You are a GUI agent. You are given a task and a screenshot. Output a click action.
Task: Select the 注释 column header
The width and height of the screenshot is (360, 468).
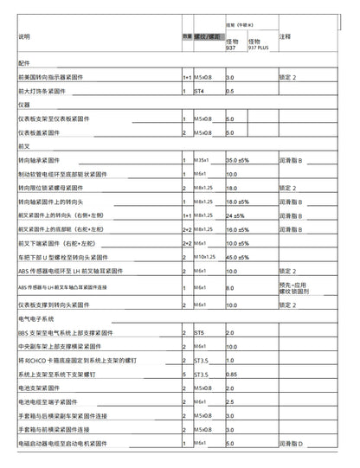click(286, 37)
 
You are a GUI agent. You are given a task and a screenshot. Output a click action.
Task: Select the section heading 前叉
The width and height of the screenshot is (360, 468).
click(23, 147)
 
